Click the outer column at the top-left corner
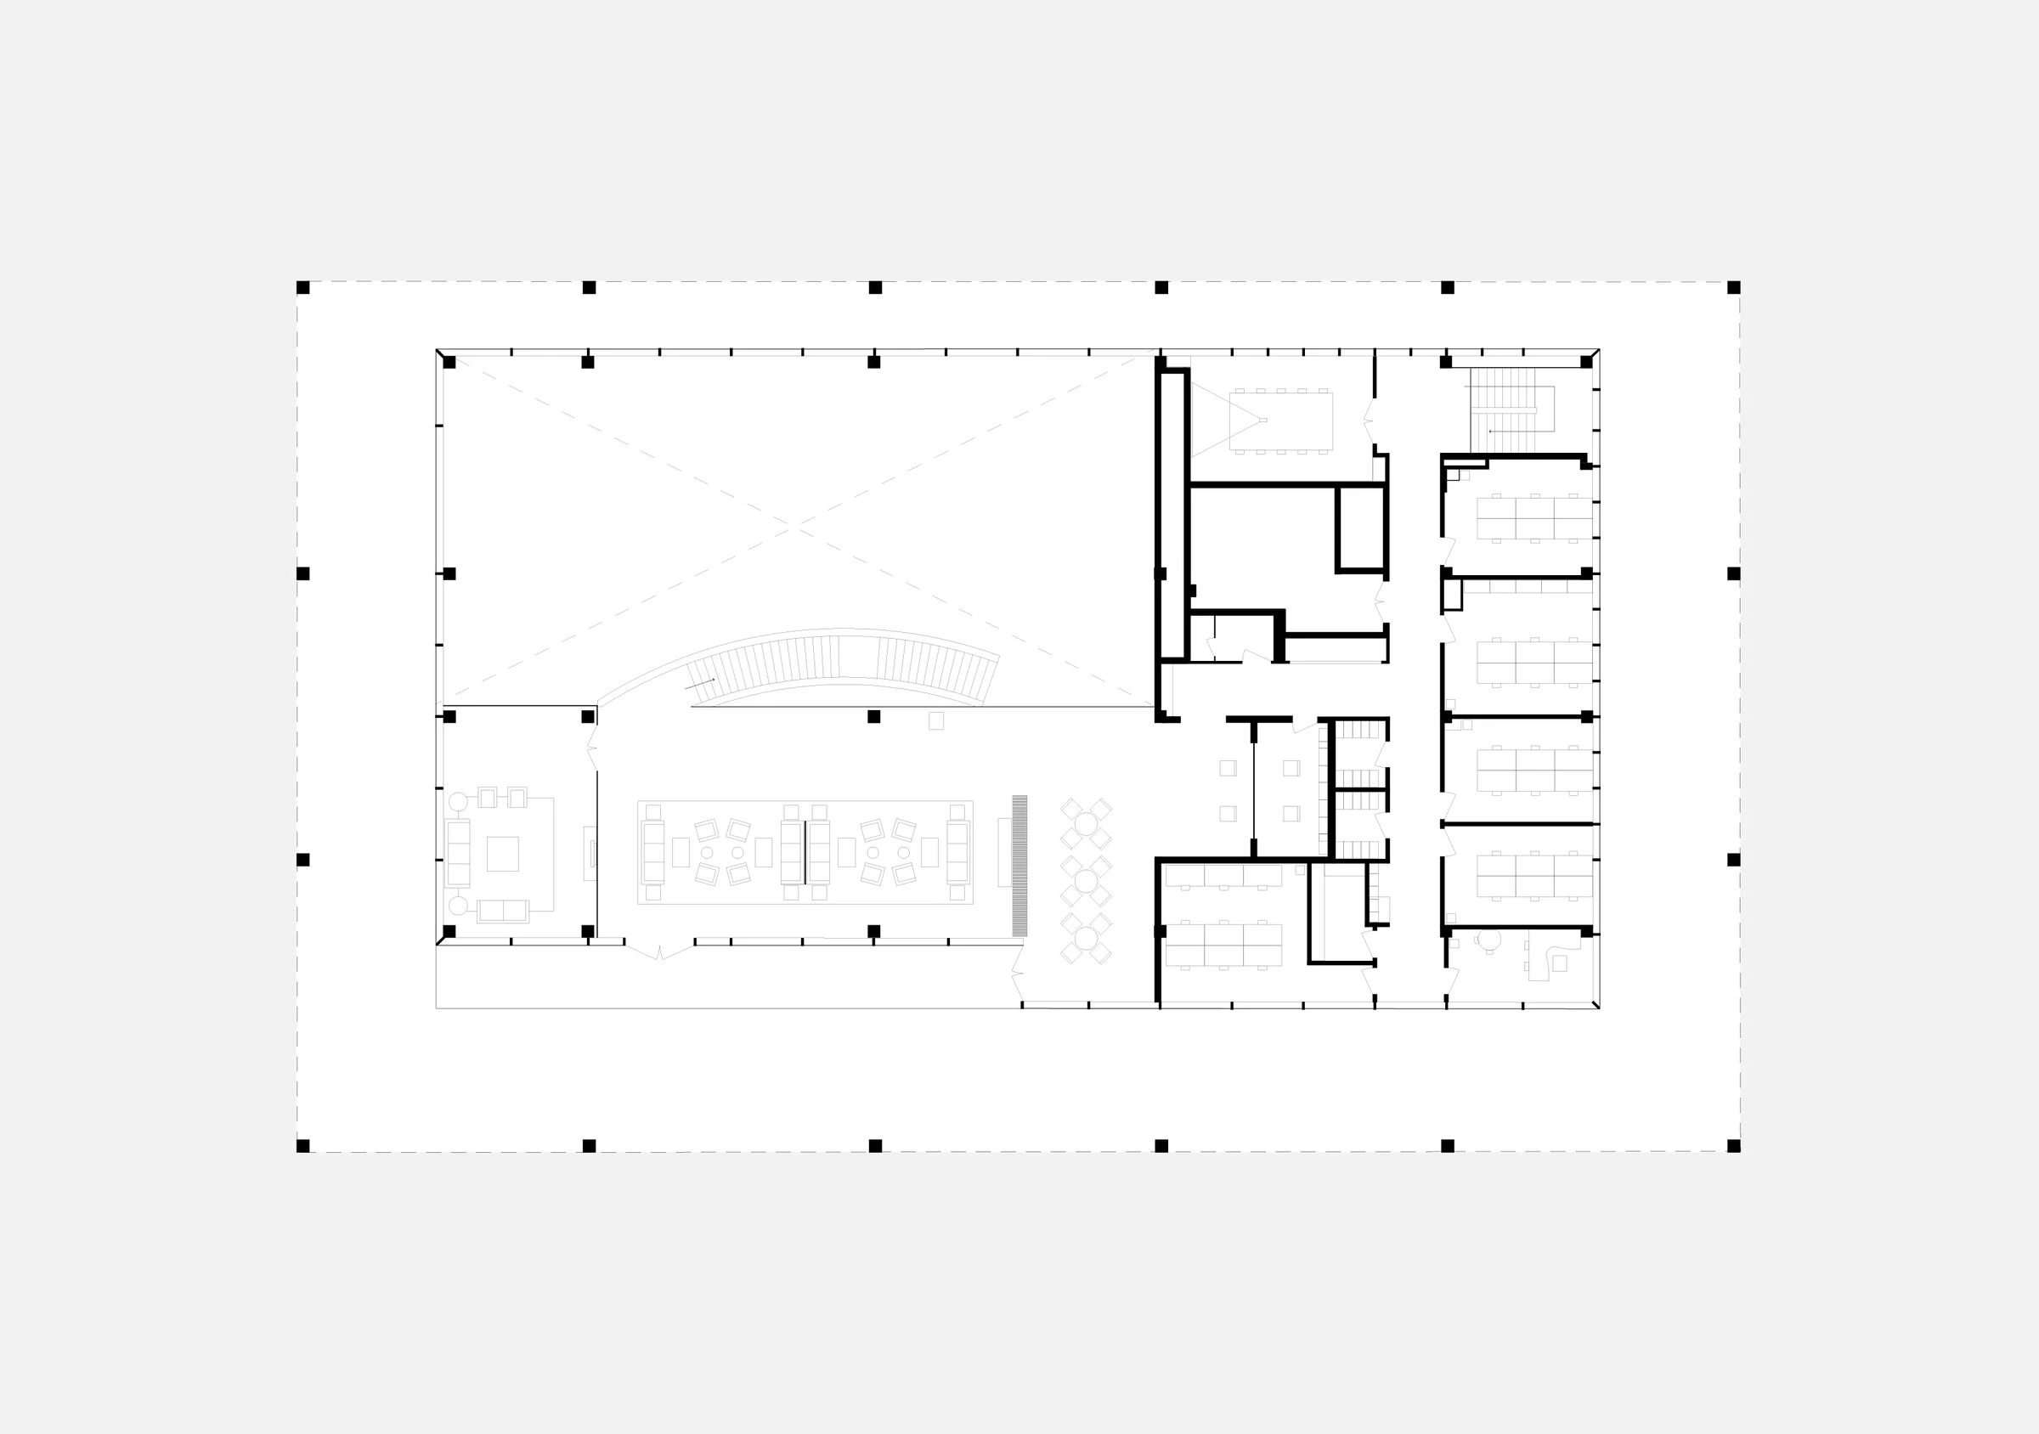tap(302, 288)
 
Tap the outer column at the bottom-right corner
tap(1733, 1146)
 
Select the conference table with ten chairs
tap(1280, 421)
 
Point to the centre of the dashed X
tap(795, 529)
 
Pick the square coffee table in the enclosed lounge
tap(503, 853)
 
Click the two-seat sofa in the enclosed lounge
tap(503, 910)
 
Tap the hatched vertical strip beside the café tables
tap(1019, 865)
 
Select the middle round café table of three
tap(1086, 881)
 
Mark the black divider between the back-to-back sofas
tap(805, 852)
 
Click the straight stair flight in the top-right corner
tap(1503, 410)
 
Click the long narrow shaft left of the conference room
tap(1172, 515)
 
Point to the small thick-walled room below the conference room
tap(1360, 528)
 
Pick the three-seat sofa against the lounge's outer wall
tap(457, 852)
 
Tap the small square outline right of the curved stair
tap(936, 721)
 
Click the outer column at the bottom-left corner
tap(302, 1146)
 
